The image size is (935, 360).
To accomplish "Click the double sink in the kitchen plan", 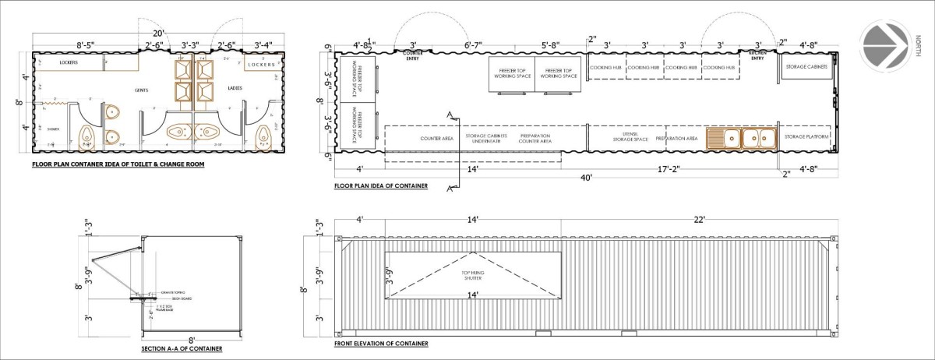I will (742, 138).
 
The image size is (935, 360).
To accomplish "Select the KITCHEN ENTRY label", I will (757, 55).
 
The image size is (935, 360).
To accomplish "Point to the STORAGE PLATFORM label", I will (806, 138).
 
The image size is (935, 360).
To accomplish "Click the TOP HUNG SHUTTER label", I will (474, 276).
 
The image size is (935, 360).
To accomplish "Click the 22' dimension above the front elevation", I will (704, 221).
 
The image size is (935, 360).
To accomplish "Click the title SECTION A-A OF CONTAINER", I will (182, 348).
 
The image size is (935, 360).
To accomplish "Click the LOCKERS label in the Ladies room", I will (262, 65).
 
